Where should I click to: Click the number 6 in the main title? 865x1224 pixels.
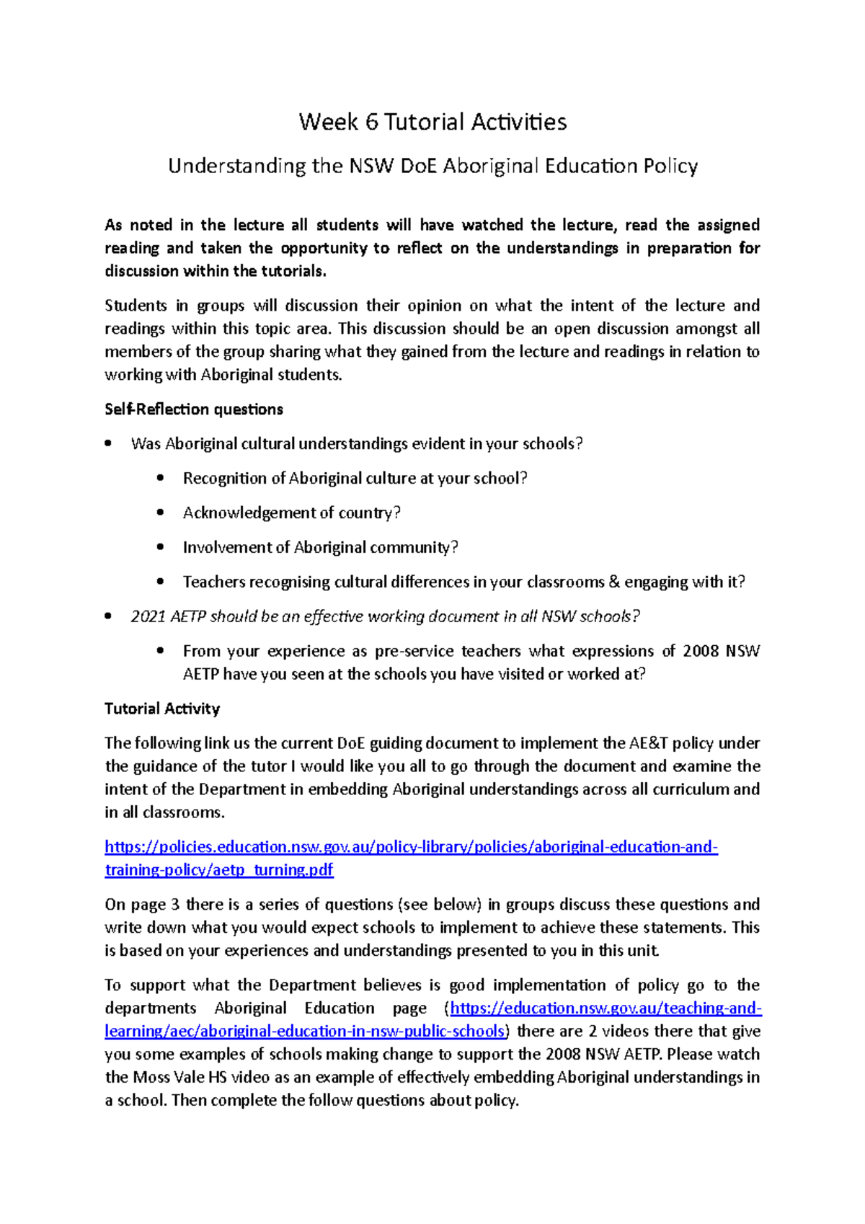tap(371, 122)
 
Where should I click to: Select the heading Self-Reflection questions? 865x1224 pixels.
tap(194, 409)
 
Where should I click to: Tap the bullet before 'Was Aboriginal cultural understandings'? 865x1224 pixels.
tap(108, 444)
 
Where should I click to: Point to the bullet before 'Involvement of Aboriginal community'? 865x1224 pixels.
tap(160, 548)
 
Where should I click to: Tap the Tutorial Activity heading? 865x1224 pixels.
tap(162, 709)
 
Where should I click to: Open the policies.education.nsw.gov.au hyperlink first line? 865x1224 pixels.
tap(411, 847)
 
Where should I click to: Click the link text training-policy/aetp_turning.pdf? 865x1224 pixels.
tap(219, 870)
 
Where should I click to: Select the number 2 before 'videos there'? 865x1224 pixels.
tap(593, 1032)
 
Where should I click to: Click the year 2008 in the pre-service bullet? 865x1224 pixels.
tap(700, 652)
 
